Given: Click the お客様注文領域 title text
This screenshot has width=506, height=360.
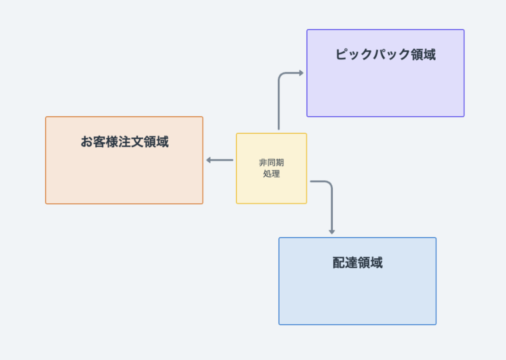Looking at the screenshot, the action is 125,142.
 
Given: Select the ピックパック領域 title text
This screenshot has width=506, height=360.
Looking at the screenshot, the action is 386,55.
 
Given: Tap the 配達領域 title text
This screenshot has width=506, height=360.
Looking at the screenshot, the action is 358,263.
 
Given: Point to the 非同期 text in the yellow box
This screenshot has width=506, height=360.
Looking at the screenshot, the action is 271,162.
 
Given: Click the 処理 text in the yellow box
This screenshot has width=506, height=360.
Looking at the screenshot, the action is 271,173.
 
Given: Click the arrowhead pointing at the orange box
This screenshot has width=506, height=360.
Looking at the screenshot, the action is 208,160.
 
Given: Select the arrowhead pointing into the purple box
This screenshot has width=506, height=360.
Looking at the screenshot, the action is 301,73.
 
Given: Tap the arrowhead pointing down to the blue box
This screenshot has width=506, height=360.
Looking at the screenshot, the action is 332,232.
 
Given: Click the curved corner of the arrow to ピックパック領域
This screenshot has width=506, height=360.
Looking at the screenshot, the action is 281,75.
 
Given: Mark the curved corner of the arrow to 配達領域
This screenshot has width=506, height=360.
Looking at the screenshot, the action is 330,184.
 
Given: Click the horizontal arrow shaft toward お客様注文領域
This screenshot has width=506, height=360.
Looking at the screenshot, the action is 221,160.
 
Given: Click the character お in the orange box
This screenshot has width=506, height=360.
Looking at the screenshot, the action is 87,142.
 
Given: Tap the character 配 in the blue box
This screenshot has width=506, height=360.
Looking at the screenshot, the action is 339,263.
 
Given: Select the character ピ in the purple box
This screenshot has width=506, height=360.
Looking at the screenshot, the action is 342,55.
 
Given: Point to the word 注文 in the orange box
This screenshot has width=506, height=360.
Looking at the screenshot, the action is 131,142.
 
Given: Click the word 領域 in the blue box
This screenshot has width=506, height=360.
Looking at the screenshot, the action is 370,263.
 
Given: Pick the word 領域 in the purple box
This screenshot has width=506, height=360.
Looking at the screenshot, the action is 423,55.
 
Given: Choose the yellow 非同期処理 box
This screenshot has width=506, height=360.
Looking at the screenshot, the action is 271,168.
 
